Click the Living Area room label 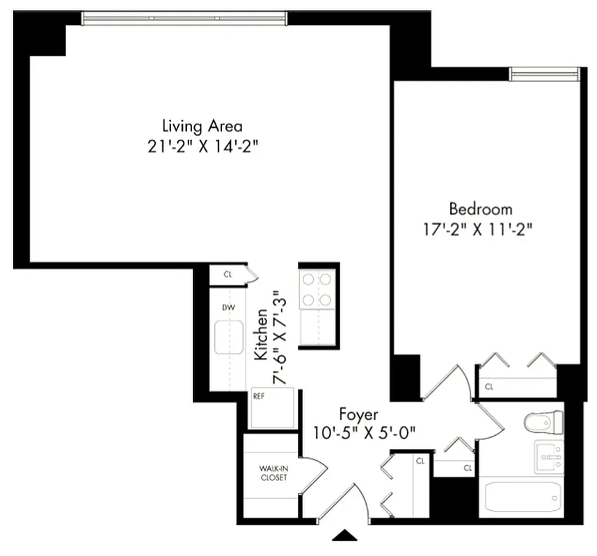point(202,126)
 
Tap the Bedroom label point(480,208)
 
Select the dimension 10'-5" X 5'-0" point(365,432)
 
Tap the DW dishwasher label point(228,306)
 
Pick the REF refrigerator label point(259,397)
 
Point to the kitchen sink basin point(228,338)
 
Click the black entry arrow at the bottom point(345,534)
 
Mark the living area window point(184,19)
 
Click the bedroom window point(544,74)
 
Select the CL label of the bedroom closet point(489,386)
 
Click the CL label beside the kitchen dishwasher point(228,275)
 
